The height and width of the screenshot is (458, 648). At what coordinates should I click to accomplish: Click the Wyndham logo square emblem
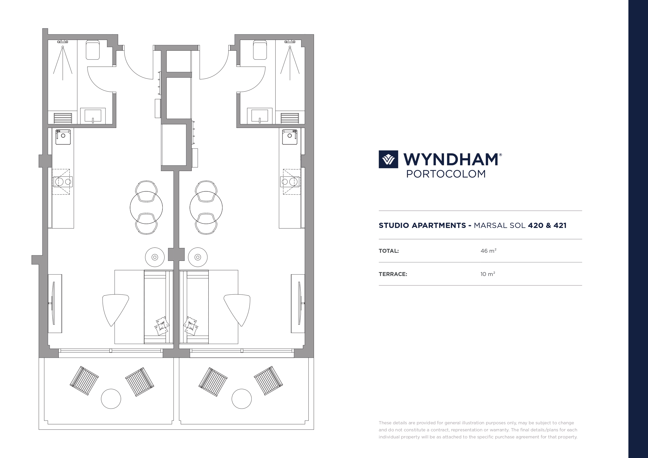click(388, 159)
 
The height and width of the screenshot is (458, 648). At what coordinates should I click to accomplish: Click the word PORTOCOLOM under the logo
click(446, 174)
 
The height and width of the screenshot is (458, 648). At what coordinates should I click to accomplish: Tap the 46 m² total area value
click(488, 251)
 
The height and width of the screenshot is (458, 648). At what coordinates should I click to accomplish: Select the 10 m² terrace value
click(488, 274)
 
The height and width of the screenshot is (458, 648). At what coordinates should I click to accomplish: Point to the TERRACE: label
click(393, 274)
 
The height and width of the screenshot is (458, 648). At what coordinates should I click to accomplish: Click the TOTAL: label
click(389, 251)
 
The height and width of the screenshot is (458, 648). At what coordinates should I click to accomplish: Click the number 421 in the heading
click(560, 225)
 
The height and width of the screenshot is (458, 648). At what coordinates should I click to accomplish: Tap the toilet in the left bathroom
click(92, 50)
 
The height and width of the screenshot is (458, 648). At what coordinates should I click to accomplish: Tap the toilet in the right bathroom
click(260, 50)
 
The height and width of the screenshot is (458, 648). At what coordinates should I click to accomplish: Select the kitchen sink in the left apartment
click(63, 137)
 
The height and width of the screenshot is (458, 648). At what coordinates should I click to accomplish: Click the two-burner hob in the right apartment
click(290, 182)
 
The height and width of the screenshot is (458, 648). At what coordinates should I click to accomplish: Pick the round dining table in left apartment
click(146, 207)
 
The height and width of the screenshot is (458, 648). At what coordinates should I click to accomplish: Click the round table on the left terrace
click(111, 399)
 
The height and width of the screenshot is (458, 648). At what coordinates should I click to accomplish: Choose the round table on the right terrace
click(242, 399)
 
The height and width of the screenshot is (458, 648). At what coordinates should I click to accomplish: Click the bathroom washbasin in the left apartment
click(93, 116)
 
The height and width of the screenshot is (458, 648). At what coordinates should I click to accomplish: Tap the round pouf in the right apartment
click(197, 257)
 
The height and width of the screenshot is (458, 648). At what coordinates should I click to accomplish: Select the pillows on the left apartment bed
click(162, 326)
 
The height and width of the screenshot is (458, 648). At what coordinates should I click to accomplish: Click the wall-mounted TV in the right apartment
click(300, 303)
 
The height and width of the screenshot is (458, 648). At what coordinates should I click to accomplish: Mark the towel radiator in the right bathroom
click(290, 118)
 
